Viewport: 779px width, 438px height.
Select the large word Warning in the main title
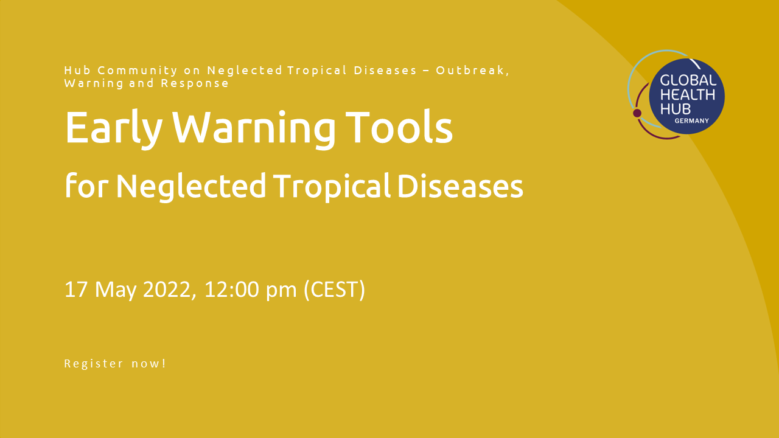254,129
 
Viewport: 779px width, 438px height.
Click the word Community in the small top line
138,71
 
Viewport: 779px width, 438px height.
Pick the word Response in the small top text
195,84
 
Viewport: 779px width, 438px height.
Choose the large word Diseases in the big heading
460,186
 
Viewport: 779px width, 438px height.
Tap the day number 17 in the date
75,289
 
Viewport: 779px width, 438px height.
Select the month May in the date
116,291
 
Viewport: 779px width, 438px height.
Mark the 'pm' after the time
281,292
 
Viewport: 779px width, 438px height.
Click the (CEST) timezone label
334,290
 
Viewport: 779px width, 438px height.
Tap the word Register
94,364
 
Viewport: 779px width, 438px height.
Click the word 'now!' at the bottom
149,364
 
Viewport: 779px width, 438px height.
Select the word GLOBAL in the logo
688,81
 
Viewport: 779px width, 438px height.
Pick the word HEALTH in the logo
688,94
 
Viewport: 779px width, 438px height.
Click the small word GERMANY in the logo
692,121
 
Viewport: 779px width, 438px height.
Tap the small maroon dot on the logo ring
637,113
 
